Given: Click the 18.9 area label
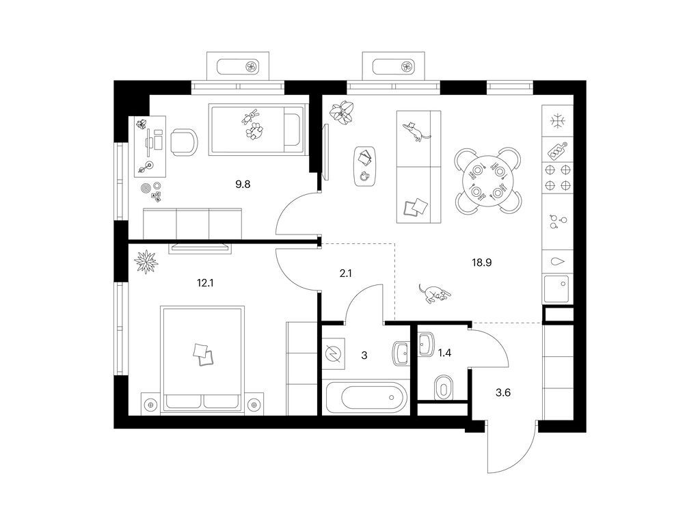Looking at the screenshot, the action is [482, 262].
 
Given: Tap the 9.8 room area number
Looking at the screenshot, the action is [243, 184].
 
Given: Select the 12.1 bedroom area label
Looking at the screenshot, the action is [205, 282].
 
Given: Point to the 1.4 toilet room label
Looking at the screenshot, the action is [444, 353].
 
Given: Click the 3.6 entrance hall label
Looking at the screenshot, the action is [503, 393].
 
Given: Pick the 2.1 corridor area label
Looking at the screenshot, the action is [345, 273].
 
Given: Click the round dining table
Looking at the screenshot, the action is [488, 180].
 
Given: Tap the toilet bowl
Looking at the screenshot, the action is [443, 388].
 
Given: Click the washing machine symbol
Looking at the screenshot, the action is [334, 353].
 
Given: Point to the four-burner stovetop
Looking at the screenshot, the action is [558, 177].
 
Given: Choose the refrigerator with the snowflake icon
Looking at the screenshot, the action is [558, 121].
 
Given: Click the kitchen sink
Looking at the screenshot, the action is [556, 289].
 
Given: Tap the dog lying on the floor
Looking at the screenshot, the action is [434, 293].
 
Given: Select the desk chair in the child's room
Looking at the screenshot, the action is [183, 142].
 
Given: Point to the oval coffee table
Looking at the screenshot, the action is [366, 166].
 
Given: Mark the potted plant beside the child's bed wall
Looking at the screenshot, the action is [342, 113].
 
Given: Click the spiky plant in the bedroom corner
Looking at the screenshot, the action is [146, 262].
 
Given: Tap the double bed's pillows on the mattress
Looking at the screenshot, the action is [203, 355].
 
